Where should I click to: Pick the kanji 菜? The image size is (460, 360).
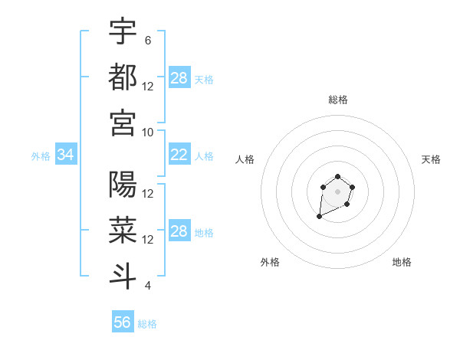[x=123, y=231]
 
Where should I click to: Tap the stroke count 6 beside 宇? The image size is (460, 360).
[x=148, y=41]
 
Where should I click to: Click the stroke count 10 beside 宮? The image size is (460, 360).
[x=148, y=132]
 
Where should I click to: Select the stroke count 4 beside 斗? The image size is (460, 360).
[x=148, y=286]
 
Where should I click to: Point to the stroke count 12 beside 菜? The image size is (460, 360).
[x=148, y=240]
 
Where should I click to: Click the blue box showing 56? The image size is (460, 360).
[x=123, y=322]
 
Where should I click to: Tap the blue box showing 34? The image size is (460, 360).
[x=66, y=155]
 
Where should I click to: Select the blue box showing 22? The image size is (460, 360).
[x=179, y=155]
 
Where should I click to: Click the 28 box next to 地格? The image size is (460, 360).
[x=179, y=232]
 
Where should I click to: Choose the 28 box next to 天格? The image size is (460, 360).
[x=179, y=78]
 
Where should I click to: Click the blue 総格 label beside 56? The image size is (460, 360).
[x=147, y=324]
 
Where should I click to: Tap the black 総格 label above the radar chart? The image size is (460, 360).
[x=337, y=100]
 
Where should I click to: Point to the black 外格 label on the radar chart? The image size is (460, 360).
[x=270, y=262]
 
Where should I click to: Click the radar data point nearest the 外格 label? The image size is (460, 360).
[x=320, y=217]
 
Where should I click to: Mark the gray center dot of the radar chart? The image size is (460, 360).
[x=337, y=191]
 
